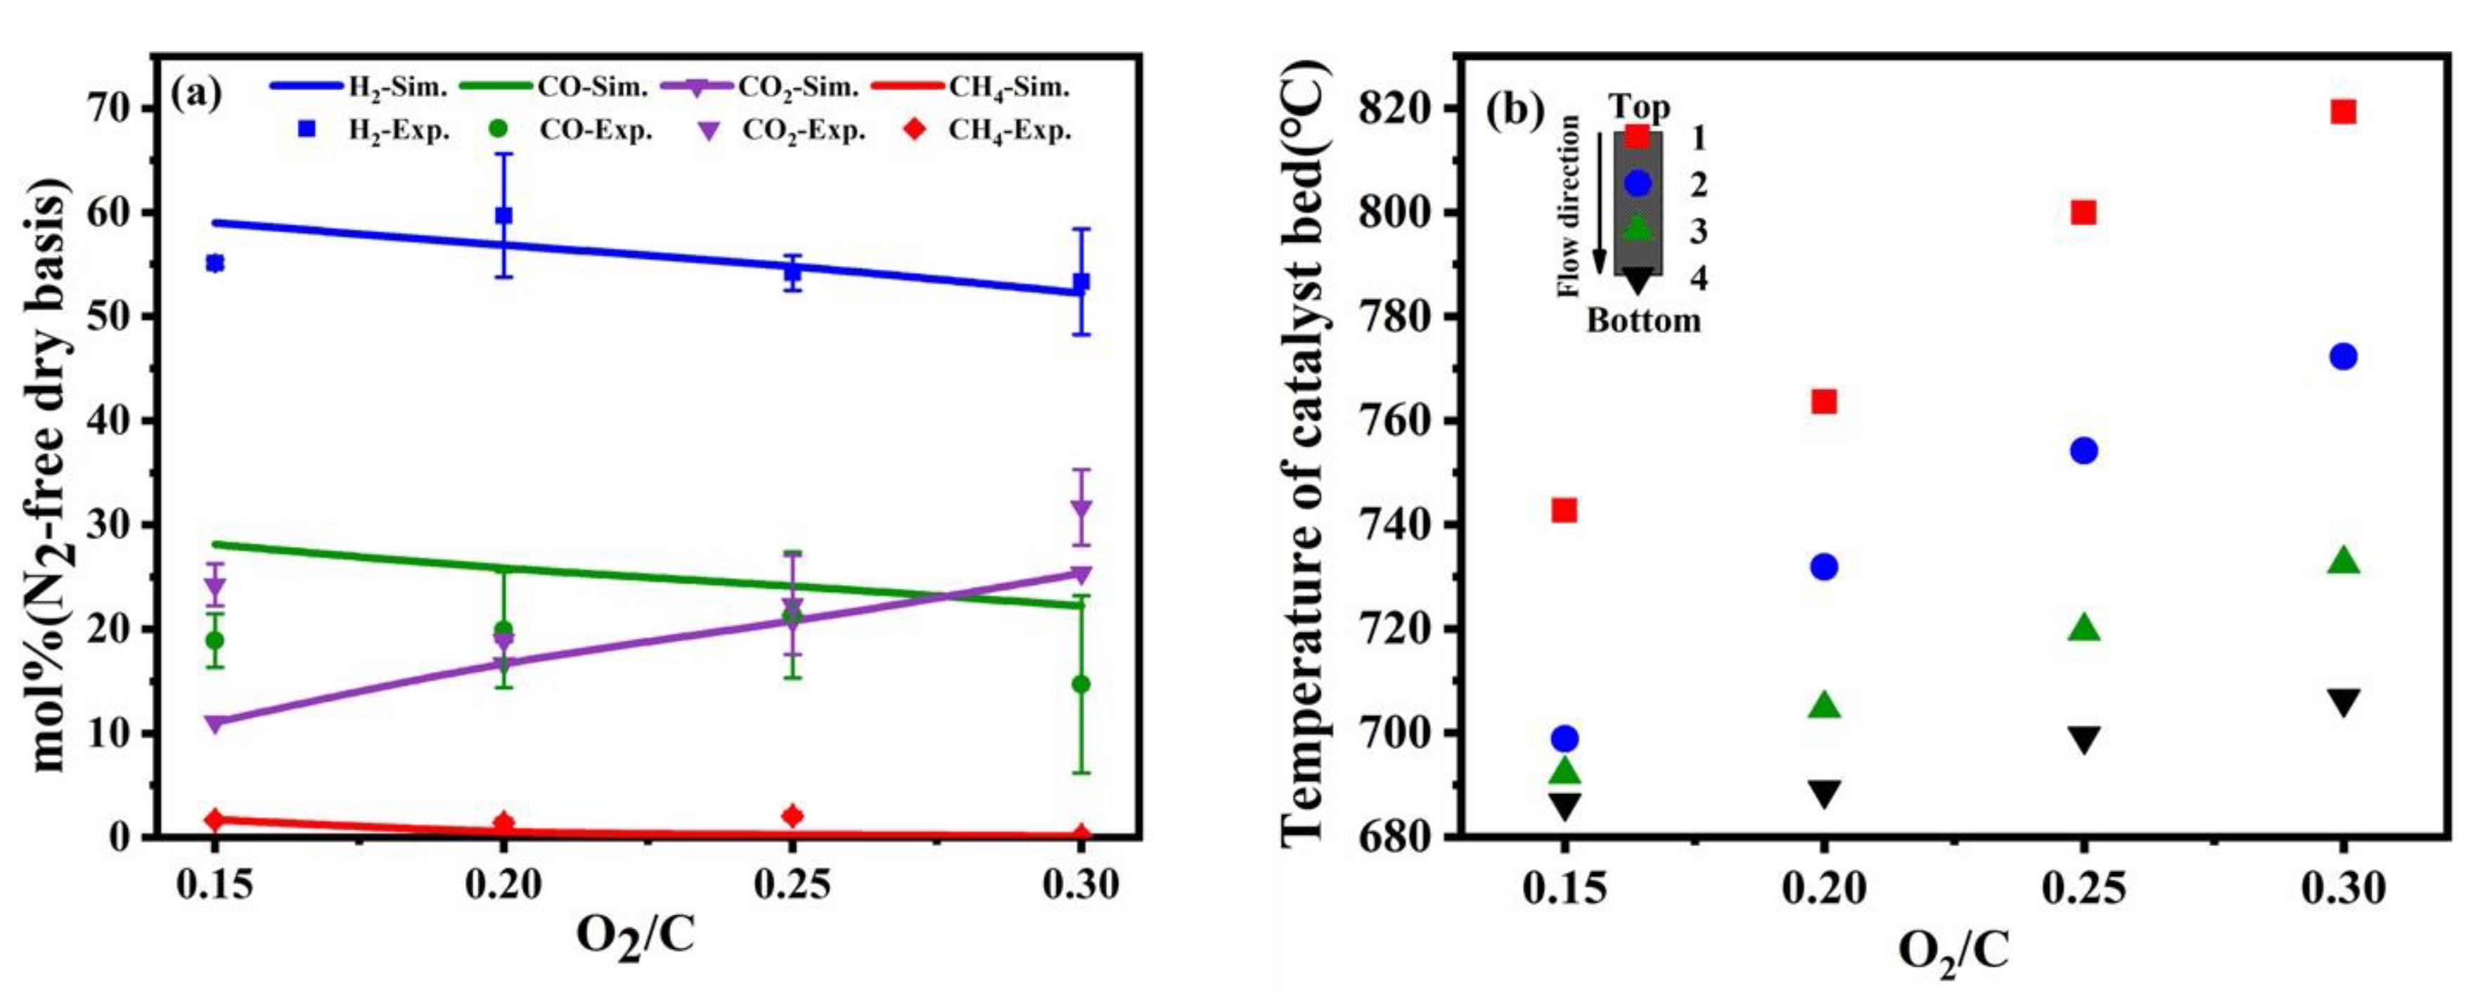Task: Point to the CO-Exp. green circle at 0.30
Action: click(x=1081, y=684)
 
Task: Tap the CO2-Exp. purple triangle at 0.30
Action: click(x=1081, y=508)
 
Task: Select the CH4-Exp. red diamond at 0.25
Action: click(x=792, y=816)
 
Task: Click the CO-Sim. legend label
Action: click(x=592, y=87)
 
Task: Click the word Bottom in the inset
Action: click(x=1643, y=320)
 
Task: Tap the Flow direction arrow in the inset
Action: click(x=1599, y=203)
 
